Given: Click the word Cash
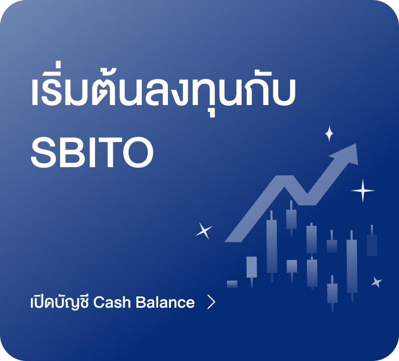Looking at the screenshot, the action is (x=112, y=302).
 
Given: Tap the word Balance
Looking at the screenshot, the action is (x=165, y=302).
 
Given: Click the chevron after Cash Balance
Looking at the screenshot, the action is (x=211, y=302).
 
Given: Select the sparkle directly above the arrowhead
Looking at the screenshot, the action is (x=330, y=134).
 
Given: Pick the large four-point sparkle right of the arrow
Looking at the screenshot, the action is (x=363, y=190).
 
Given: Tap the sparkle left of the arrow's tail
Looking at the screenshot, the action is (x=204, y=231).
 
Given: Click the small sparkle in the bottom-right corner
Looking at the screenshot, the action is (x=377, y=282).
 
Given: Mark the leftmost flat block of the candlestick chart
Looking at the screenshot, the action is (x=232, y=284).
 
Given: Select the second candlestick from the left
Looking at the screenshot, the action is (x=252, y=271).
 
